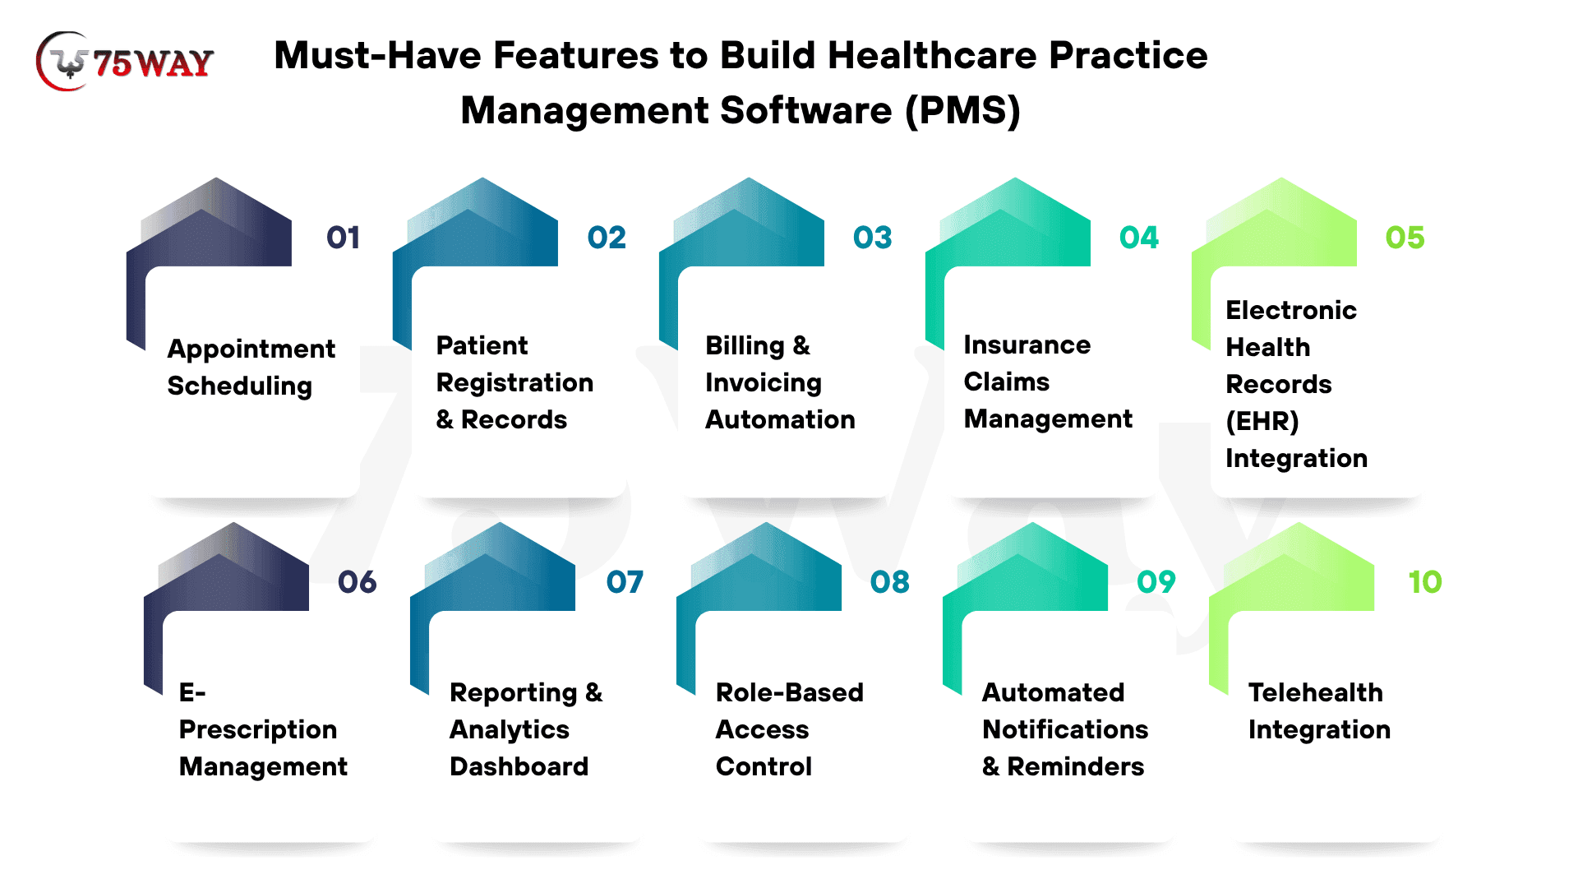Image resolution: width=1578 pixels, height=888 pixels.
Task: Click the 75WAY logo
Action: (x=125, y=62)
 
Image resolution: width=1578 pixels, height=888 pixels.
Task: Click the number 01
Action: (x=344, y=238)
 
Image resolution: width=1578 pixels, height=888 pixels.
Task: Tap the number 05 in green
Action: (x=1405, y=238)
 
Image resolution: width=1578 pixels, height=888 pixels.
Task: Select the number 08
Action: (x=890, y=582)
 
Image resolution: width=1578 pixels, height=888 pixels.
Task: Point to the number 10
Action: (x=1425, y=582)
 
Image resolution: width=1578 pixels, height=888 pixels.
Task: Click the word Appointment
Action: (x=251, y=349)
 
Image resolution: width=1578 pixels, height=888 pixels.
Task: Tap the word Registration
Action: (x=514, y=383)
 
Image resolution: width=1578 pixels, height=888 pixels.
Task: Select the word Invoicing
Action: (x=764, y=383)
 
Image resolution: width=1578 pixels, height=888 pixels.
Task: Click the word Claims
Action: (x=1007, y=382)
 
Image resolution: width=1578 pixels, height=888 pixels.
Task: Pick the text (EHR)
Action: (x=1262, y=421)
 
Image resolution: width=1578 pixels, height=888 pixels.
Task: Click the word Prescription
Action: (x=258, y=730)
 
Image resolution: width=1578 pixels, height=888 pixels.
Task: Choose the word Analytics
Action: (x=510, y=730)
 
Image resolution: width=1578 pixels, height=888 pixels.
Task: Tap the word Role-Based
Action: (x=790, y=692)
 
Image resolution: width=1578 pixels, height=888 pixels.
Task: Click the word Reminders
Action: (x=1076, y=766)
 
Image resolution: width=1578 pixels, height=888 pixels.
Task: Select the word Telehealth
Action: (x=1316, y=692)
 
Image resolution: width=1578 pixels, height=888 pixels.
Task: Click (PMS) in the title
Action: (x=962, y=110)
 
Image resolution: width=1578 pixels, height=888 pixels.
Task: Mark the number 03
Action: (x=873, y=238)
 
